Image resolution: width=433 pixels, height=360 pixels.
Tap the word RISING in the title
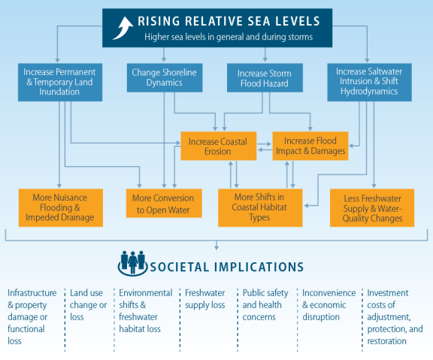[x=159, y=21]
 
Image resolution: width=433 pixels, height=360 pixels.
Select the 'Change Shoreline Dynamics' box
[x=165, y=77]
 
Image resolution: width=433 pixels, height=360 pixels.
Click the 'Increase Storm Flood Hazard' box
[x=265, y=77]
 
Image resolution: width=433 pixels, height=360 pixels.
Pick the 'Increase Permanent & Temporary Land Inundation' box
[x=60, y=82]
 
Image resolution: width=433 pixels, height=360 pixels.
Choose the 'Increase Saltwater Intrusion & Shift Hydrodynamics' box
[x=370, y=82]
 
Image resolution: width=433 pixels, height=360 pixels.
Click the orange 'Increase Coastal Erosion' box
[x=219, y=146]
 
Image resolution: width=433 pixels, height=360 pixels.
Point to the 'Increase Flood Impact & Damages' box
[x=310, y=146]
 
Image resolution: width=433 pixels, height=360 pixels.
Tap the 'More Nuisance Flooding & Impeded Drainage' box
[x=61, y=208]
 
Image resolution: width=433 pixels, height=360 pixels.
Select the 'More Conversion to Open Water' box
[x=164, y=203]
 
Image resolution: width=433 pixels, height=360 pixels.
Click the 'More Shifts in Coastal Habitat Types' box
[x=260, y=208]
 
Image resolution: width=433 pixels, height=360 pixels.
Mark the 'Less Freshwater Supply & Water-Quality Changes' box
[x=372, y=208]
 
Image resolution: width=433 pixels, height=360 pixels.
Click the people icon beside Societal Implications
[x=133, y=263]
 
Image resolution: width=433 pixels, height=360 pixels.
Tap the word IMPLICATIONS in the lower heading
[x=259, y=267]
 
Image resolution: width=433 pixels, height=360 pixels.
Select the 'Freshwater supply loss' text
[x=205, y=298]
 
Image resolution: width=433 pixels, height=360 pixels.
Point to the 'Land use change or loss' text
[x=88, y=305]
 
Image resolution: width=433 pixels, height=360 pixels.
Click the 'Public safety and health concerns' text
[x=265, y=305]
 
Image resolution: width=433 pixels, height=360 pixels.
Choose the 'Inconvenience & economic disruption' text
[x=329, y=305]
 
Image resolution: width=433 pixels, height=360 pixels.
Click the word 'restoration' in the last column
[x=386, y=341]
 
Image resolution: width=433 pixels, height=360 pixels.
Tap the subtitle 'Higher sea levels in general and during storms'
[x=229, y=37]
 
